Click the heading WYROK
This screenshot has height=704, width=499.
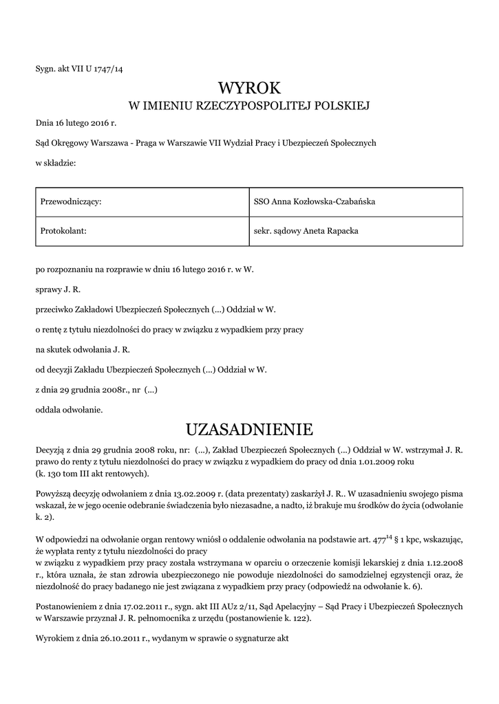tap(249, 88)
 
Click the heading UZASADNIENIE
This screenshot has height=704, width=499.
tap(249, 430)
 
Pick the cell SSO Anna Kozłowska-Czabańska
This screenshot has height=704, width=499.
tap(315, 201)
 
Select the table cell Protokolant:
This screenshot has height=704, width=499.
tap(63, 231)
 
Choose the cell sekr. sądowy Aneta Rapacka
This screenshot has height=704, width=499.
tap(306, 231)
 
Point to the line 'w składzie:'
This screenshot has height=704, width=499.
tap(56, 163)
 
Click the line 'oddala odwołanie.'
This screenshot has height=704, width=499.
tap(69, 410)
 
